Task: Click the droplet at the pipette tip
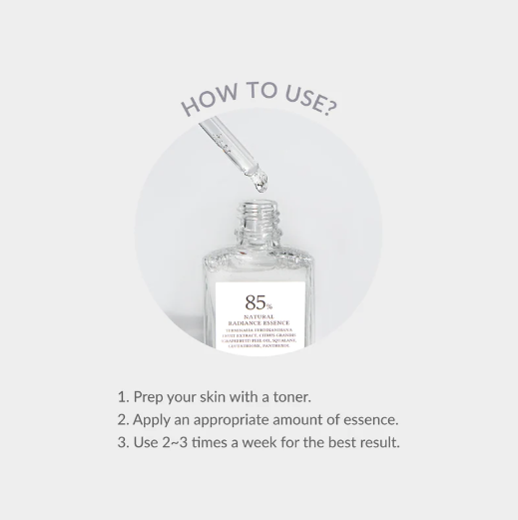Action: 260,183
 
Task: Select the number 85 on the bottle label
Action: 255,302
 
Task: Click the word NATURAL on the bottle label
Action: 259,316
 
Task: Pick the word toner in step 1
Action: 289,396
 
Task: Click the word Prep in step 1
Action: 150,396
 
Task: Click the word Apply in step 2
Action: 153,419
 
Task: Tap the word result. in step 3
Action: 377,442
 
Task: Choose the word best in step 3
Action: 333,442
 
